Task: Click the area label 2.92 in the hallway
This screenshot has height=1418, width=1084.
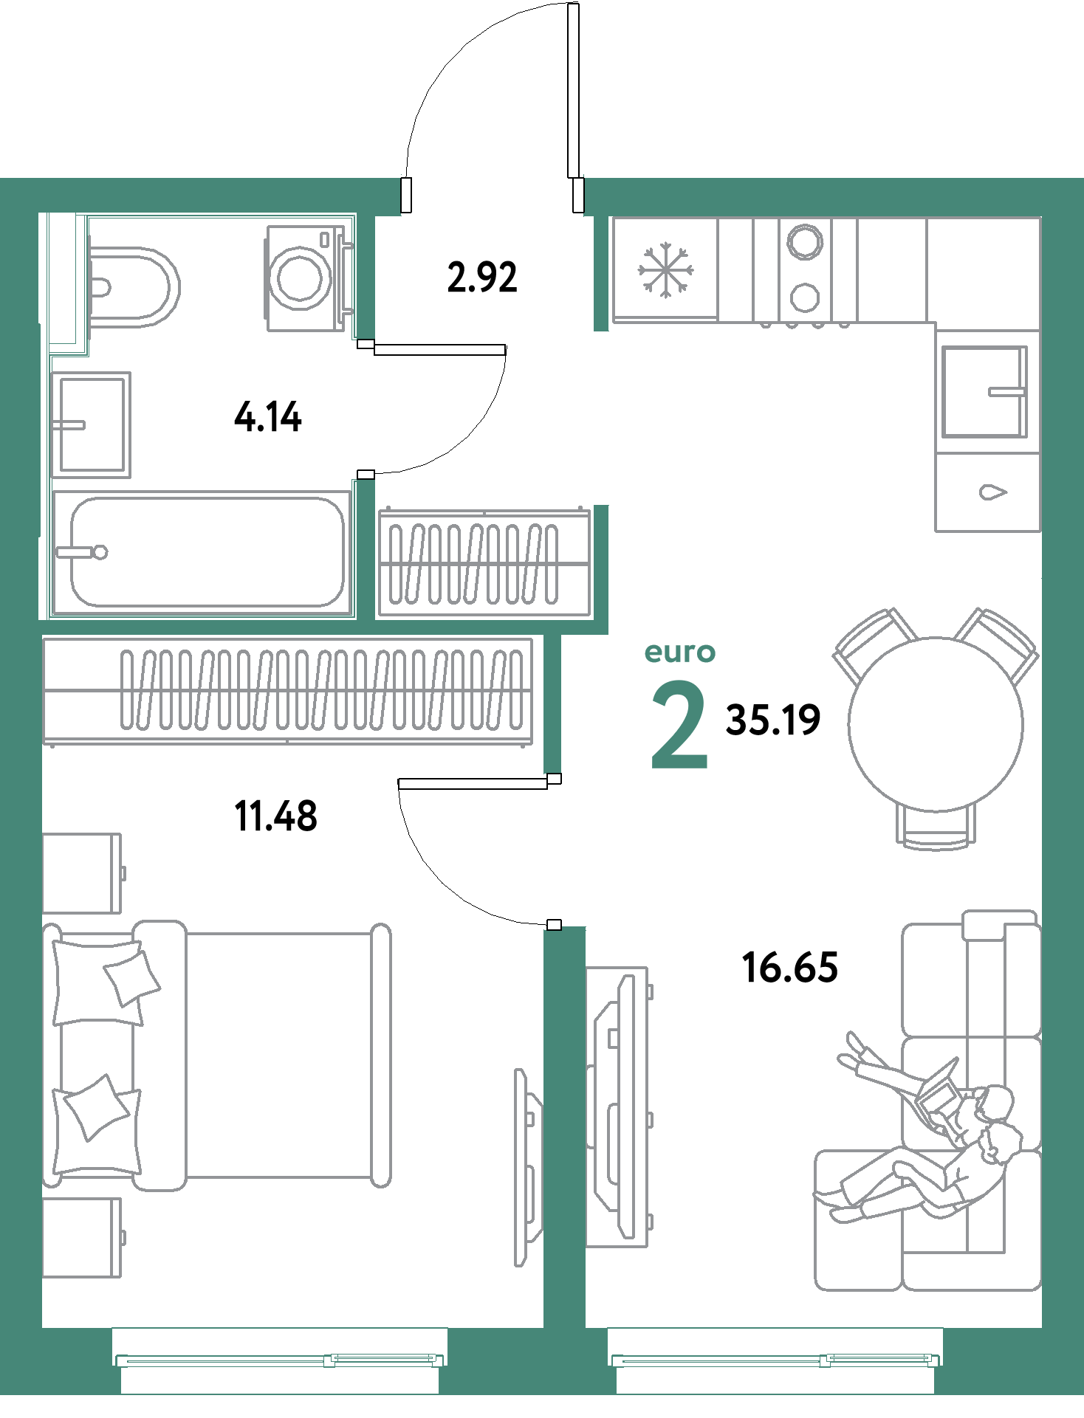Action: pos(482,278)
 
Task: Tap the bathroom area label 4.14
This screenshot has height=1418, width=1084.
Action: pos(268,417)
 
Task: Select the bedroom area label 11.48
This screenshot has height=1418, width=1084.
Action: pos(276,816)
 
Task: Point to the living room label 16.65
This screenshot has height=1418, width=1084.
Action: pos(790,968)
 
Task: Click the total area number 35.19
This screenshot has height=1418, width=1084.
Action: pos(773,720)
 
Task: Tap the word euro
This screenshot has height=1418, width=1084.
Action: pos(680,653)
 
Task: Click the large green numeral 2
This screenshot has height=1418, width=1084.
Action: pos(679,725)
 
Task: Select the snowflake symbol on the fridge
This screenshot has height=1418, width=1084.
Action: pos(666,269)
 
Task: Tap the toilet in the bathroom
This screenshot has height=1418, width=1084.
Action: pos(134,286)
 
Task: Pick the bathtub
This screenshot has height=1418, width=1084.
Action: pos(202,552)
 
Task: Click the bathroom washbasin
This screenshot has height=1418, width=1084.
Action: pos(91,424)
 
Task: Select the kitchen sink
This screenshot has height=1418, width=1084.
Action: pos(985,391)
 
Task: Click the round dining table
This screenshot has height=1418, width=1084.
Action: pos(936,724)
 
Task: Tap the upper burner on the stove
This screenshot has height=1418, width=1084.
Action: pos(805,241)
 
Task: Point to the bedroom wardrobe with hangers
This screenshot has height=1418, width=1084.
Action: pos(288,690)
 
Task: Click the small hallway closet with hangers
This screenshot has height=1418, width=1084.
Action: pos(484,562)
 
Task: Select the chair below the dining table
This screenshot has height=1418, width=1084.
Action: pos(936,827)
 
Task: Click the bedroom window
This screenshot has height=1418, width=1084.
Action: pos(280,1360)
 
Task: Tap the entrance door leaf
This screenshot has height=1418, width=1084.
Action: pos(573,90)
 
